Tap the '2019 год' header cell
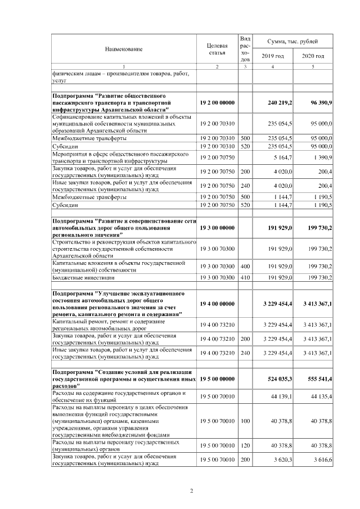point(273,56)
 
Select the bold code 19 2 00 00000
point(217,103)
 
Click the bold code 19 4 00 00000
point(217,304)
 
